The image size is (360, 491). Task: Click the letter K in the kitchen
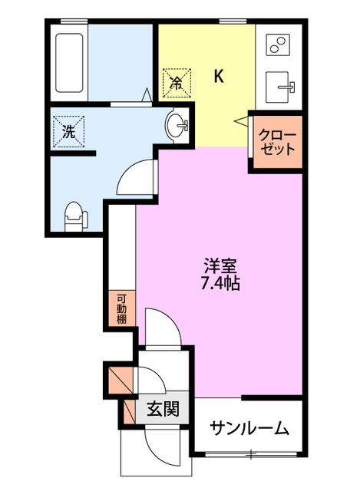click(x=219, y=76)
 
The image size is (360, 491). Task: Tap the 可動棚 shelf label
click(x=121, y=308)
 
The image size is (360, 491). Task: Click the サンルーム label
click(x=249, y=427)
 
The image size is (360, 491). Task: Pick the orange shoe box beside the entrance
click(x=120, y=381)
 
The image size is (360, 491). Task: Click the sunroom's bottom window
click(x=249, y=455)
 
